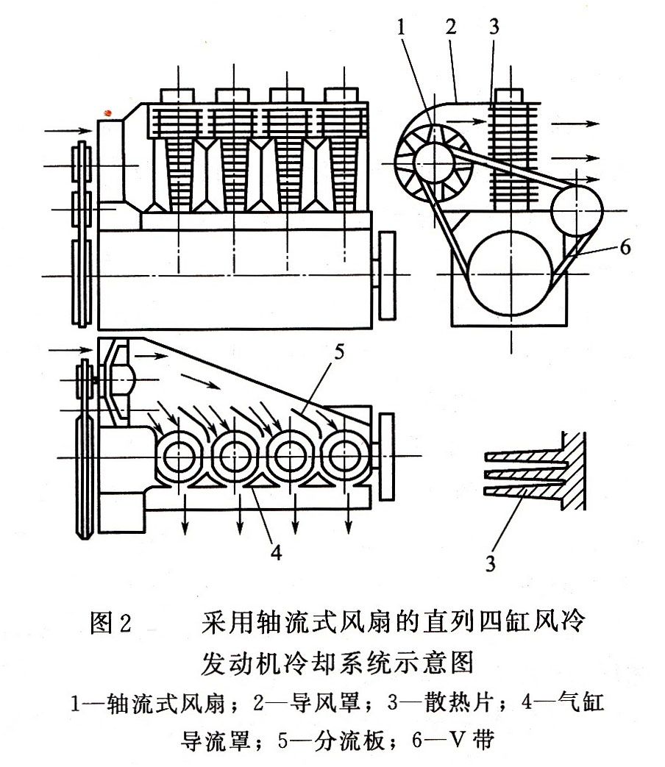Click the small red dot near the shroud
[108, 113]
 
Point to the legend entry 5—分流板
[324, 740]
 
